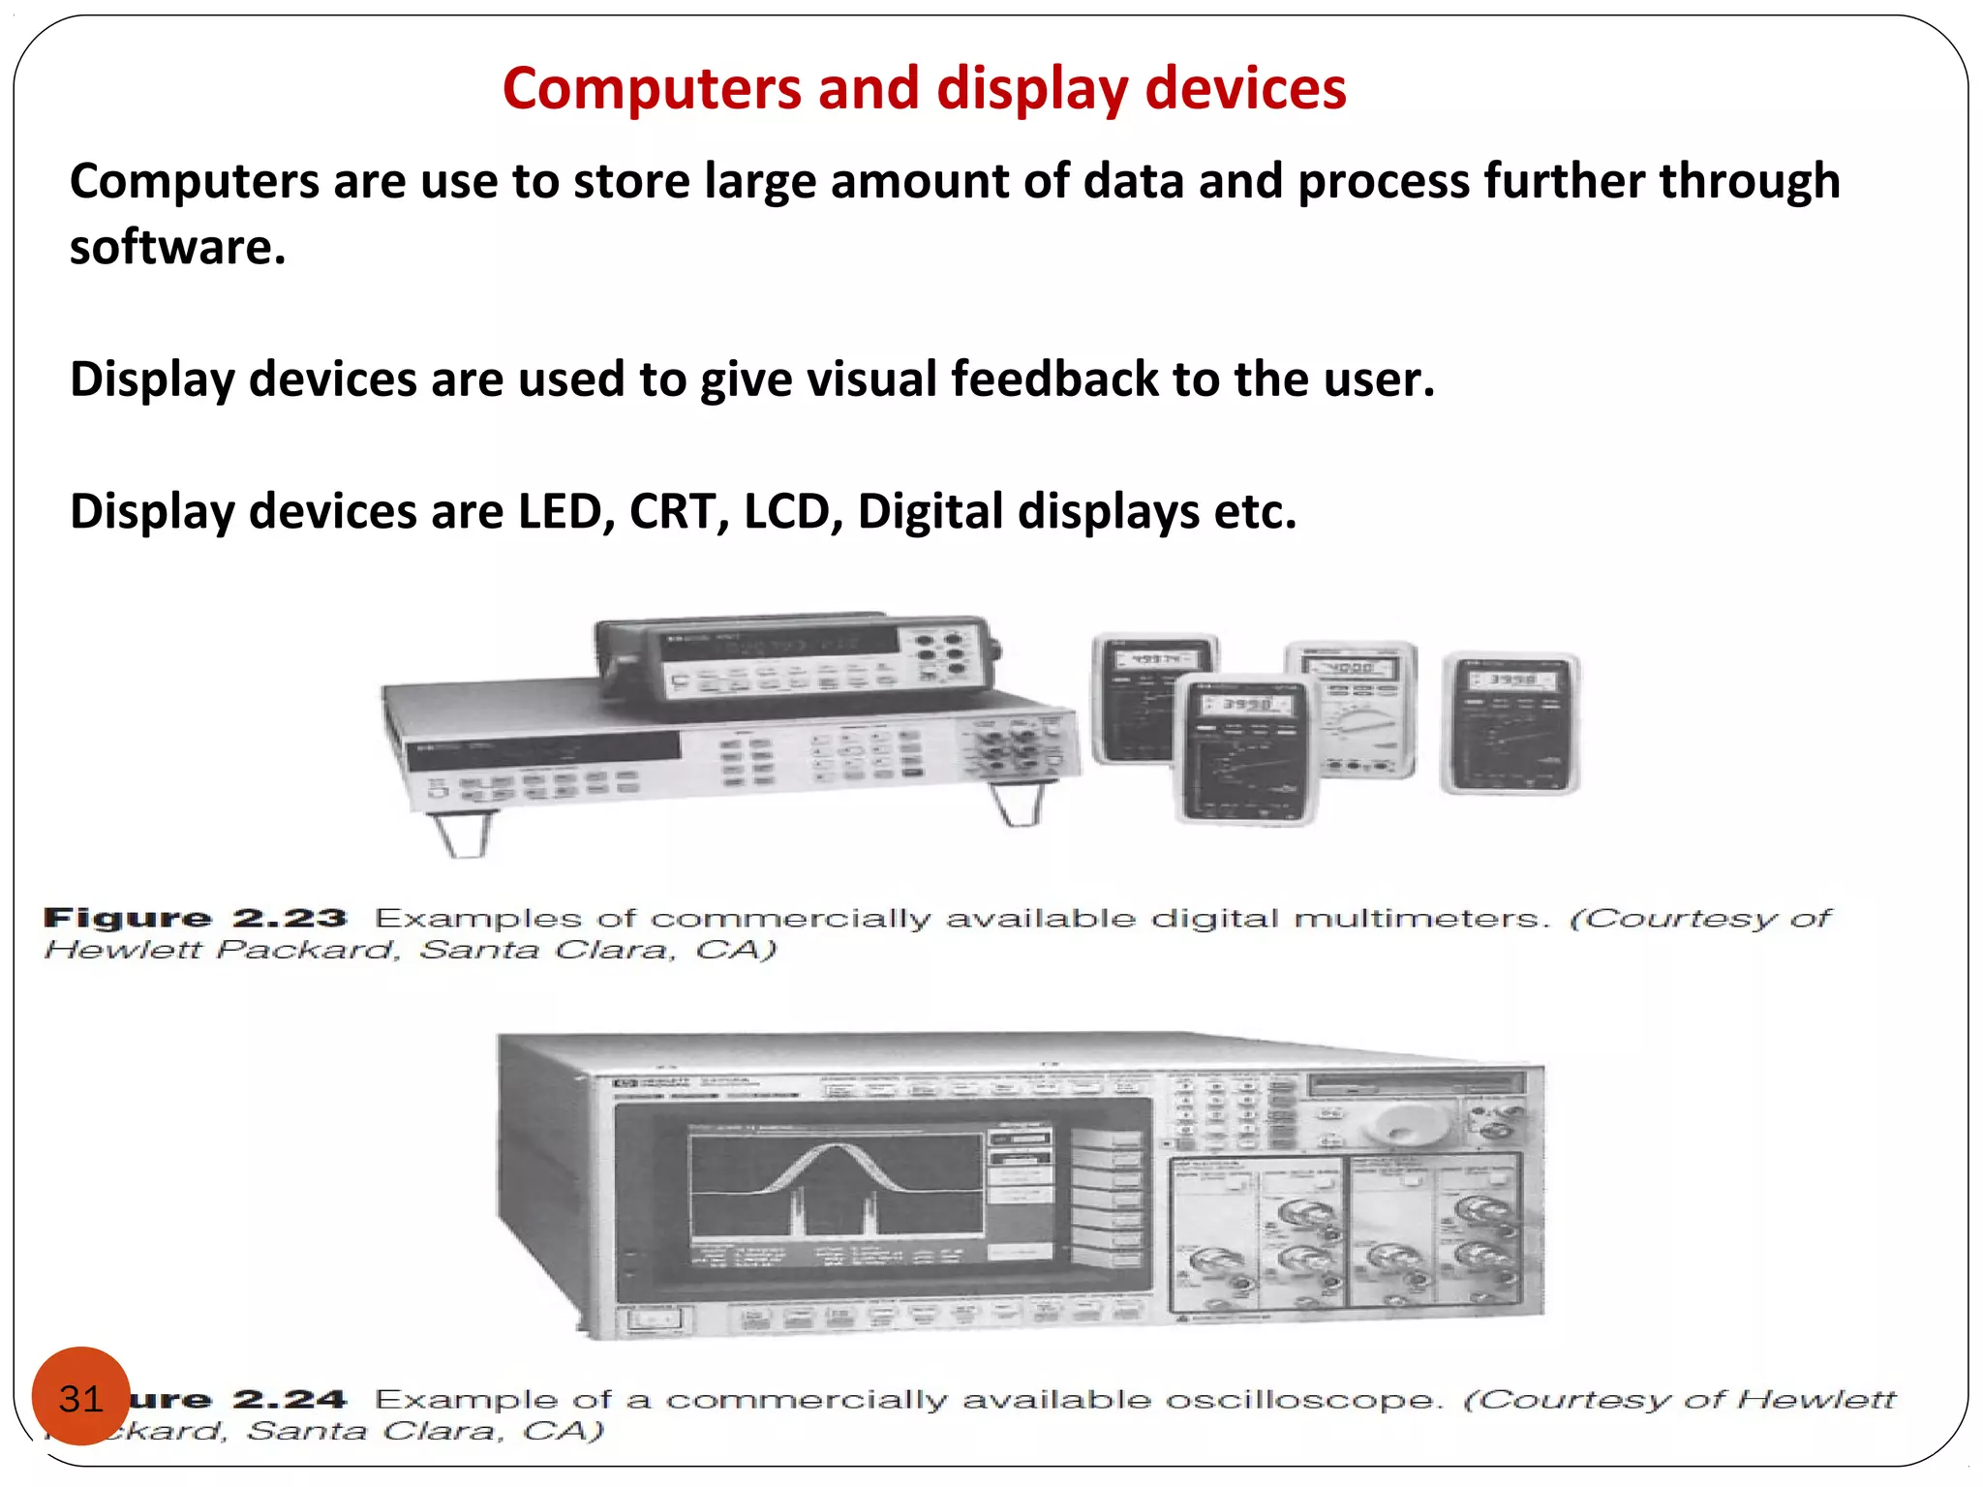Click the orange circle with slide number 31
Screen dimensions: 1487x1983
(80, 1396)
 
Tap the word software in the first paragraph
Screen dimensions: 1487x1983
(176, 248)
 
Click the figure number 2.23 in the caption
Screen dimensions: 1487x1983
(289, 918)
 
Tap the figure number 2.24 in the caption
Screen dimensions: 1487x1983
(289, 1399)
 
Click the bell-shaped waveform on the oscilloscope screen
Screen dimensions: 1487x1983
(835, 1167)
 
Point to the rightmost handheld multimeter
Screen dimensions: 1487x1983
(1510, 722)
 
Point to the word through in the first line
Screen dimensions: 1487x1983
(1750, 182)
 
